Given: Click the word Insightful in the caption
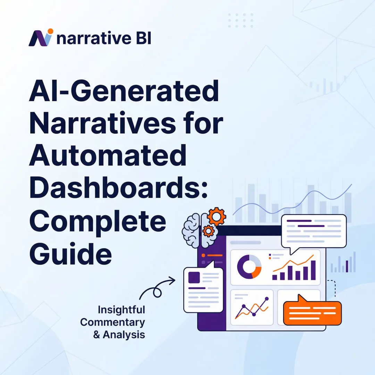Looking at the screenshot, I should [x=121, y=309].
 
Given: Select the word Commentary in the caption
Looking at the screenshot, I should [x=112, y=322].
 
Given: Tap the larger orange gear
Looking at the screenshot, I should [x=216, y=217].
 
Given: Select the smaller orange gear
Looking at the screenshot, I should [x=208, y=231].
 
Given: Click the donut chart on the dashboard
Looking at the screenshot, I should [x=249, y=267].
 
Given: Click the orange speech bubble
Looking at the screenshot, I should [x=312, y=312].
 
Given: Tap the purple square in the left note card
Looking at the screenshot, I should [x=194, y=277].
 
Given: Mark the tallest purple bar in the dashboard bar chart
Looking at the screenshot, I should [x=313, y=270].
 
